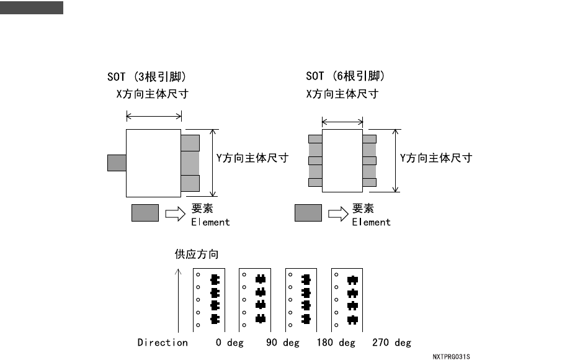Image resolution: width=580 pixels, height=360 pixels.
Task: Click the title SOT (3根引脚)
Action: click(x=147, y=77)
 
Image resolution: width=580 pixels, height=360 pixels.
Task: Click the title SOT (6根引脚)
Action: click(x=346, y=76)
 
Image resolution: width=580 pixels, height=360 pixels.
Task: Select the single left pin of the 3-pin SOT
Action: click(x=117, y=163)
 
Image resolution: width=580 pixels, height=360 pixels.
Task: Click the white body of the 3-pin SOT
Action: click(x=153, y=163)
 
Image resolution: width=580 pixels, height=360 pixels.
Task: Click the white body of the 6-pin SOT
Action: click(x=342, y=161)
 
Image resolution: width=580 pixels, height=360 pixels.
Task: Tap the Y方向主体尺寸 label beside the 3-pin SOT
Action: click(x=252, y=158)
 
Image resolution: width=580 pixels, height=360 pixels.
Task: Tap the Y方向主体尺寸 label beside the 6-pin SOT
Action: click(x=435, y=158)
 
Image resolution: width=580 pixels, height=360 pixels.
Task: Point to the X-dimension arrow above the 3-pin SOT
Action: click(x=154, y=115)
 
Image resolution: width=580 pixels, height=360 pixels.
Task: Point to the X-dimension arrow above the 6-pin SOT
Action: click(x=342, y=122)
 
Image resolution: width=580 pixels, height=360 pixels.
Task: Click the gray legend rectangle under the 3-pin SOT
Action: click(x=145, y=213)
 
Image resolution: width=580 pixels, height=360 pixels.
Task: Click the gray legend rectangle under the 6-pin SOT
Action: click(x=308, y=213)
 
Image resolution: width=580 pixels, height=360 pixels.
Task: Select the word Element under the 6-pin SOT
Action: click(x=371, y=222)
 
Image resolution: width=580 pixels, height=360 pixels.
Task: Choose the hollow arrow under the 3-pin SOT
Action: click(x=175, y=214)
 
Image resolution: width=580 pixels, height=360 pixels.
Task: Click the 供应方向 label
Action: click(x=197, y=254)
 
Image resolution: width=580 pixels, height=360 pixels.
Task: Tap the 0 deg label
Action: click(x=229, y=343)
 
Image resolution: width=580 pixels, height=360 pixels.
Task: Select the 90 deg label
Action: click(x=282, y=343)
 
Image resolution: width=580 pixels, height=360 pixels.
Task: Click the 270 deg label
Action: click(x=391, y=343)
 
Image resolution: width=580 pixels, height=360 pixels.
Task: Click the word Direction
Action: click(x=163, y=343)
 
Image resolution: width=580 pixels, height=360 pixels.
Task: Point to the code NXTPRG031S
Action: click(x=451, y=357)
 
